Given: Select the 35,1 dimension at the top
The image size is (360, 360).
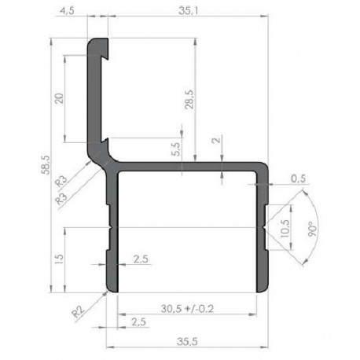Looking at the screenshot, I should (x=186, y=10).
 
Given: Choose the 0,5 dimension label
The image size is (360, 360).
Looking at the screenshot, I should (x=298, y=178).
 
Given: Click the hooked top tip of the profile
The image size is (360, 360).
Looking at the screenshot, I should (x=98, y=44).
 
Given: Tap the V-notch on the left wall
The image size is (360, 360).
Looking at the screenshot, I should (x=112, y=226).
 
